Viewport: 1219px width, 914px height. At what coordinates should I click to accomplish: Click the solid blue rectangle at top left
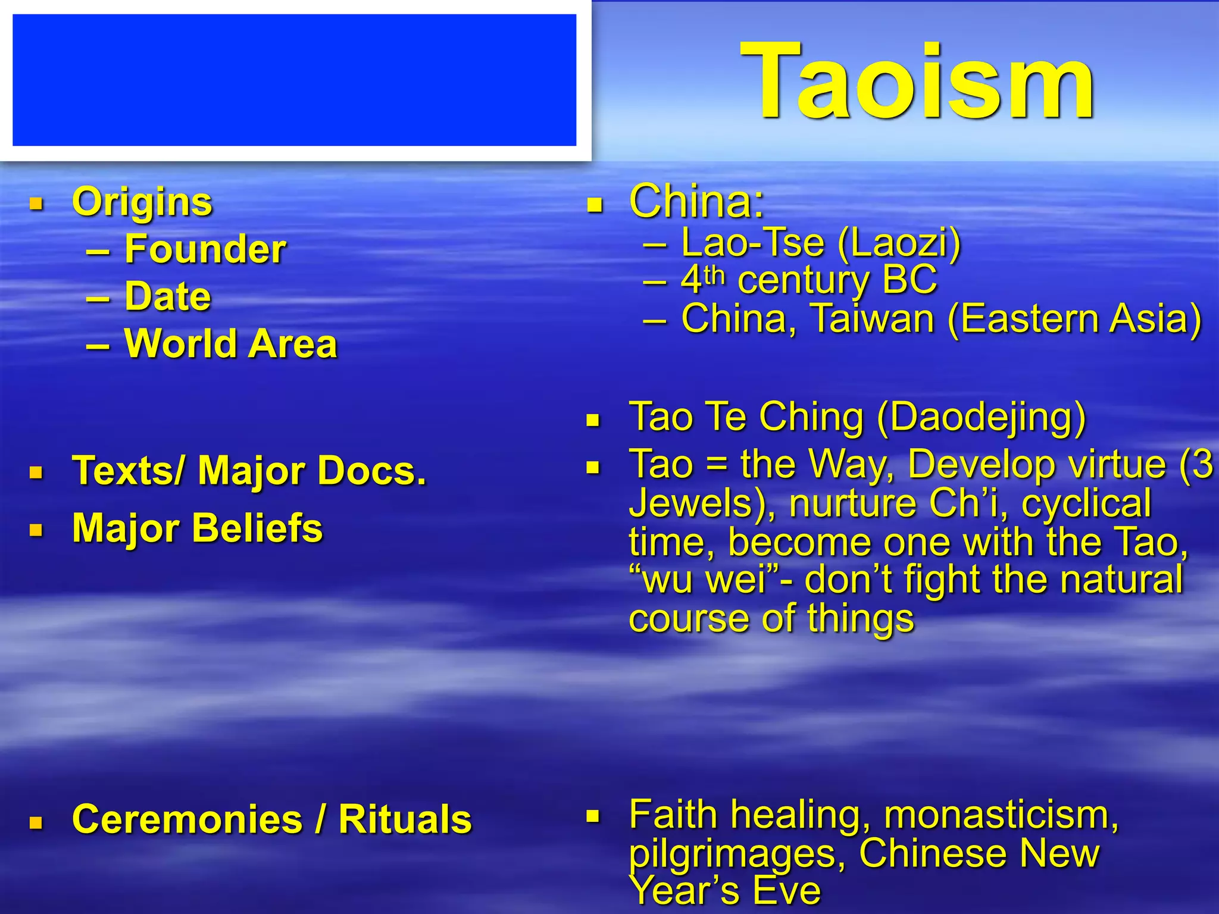point(294,80)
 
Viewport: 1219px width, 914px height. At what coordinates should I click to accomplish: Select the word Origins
point(142,202)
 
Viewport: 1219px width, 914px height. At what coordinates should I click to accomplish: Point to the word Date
point(168,296)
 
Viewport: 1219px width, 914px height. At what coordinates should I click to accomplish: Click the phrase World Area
point(230,344)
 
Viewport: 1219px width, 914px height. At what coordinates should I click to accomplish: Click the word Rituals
point(405,819)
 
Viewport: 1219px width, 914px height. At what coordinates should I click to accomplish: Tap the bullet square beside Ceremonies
point(36,823)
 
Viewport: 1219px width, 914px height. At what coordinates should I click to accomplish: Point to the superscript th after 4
point(714,276)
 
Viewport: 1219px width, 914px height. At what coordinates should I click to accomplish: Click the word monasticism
point(1000,815)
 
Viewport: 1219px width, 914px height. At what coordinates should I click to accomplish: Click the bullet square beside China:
point(594,206)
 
